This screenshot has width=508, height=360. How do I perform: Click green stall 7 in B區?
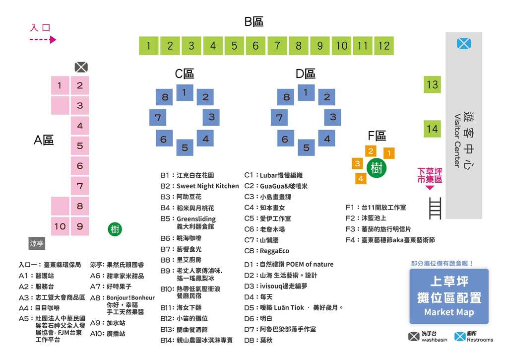(x=277, y=46)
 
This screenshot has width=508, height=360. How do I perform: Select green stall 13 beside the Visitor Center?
(x=432, y=84)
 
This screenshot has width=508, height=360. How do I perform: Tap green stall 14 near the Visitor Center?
(x=432, y=129)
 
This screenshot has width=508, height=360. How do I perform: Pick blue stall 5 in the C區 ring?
(x=185, y=147)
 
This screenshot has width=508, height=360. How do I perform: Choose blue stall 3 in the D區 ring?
(x=333, y=117)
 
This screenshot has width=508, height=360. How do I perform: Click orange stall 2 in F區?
(x=371, y=151)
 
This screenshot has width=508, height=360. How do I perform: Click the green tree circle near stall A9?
(x=115, y=229)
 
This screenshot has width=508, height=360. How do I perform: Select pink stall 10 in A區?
(x=60, y=226)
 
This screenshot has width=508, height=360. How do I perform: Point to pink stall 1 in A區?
(x=60, y=85)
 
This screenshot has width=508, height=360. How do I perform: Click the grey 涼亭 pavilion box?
(x=37, y=244)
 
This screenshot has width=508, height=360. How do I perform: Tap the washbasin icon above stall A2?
(x=81, y=67)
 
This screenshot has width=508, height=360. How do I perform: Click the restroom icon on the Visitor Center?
(x=463, y=44)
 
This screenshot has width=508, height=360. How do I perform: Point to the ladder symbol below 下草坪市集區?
(x=435, y=208)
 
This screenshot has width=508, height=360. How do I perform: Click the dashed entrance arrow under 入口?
(x=43, y=40)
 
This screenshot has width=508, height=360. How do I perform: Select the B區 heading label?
(x=254, y=22)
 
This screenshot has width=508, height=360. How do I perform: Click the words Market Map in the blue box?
(x=449, y=312)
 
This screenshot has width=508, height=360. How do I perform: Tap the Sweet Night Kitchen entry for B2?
(x=207, y=186)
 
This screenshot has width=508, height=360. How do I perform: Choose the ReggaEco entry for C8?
(x=274, y=251)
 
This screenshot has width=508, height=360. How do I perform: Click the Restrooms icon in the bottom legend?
(x=460, y=336)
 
